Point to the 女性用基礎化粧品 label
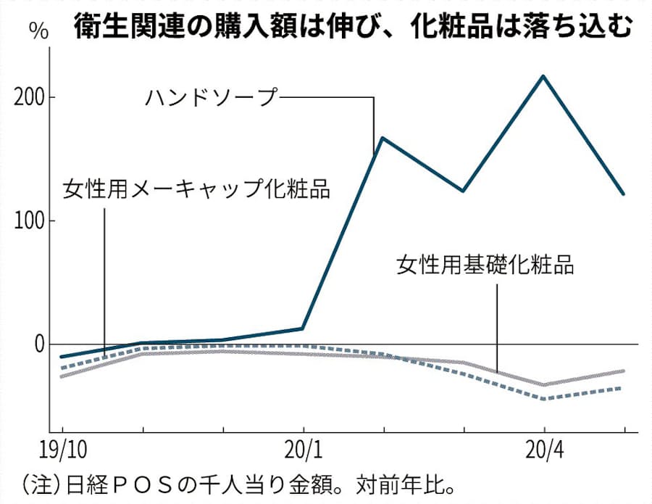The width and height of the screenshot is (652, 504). coord(485,265)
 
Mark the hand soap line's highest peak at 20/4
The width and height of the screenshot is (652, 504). coord(544,76)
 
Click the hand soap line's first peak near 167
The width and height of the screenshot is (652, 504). coord(383,138)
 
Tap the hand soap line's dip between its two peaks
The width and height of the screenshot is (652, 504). coord(463,191)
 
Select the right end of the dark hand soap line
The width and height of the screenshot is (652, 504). coord(624,194)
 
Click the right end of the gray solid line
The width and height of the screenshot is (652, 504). coord(624,371)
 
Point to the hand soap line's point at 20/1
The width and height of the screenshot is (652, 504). coord(302,329)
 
